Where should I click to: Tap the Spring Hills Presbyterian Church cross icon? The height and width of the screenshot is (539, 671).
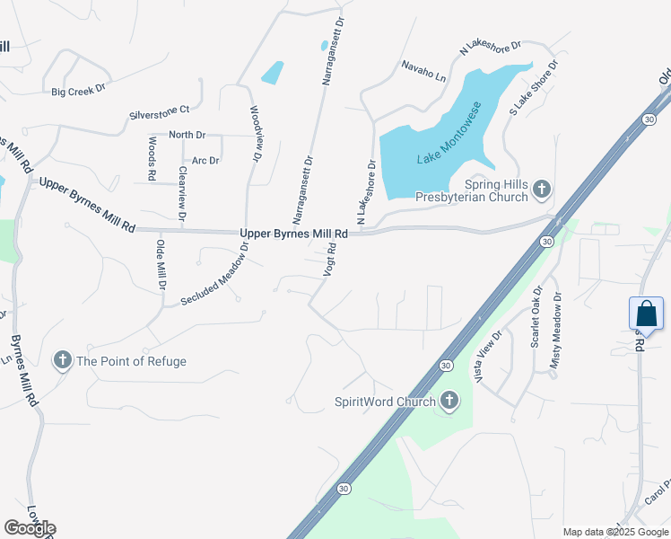pos(541,189)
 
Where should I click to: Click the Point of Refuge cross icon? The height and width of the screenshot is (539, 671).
pos(63,361)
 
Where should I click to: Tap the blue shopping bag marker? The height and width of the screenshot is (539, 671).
pos(646,314)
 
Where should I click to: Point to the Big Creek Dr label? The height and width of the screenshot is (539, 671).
pos(78,91)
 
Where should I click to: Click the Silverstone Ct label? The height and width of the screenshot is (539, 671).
pos(160,110)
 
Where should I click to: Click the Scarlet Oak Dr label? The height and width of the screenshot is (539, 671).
pos(536,317)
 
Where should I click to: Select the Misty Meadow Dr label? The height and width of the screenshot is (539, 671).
pos(556,332)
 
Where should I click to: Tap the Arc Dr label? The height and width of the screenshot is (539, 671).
pos(205,160)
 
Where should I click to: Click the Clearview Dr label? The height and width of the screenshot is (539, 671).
pos(182,193)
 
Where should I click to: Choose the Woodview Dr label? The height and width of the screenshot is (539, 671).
pos(255,134)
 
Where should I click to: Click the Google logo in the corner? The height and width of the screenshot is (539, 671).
pos(30,528)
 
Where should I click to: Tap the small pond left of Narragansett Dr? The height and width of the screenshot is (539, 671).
pos(272,72)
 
